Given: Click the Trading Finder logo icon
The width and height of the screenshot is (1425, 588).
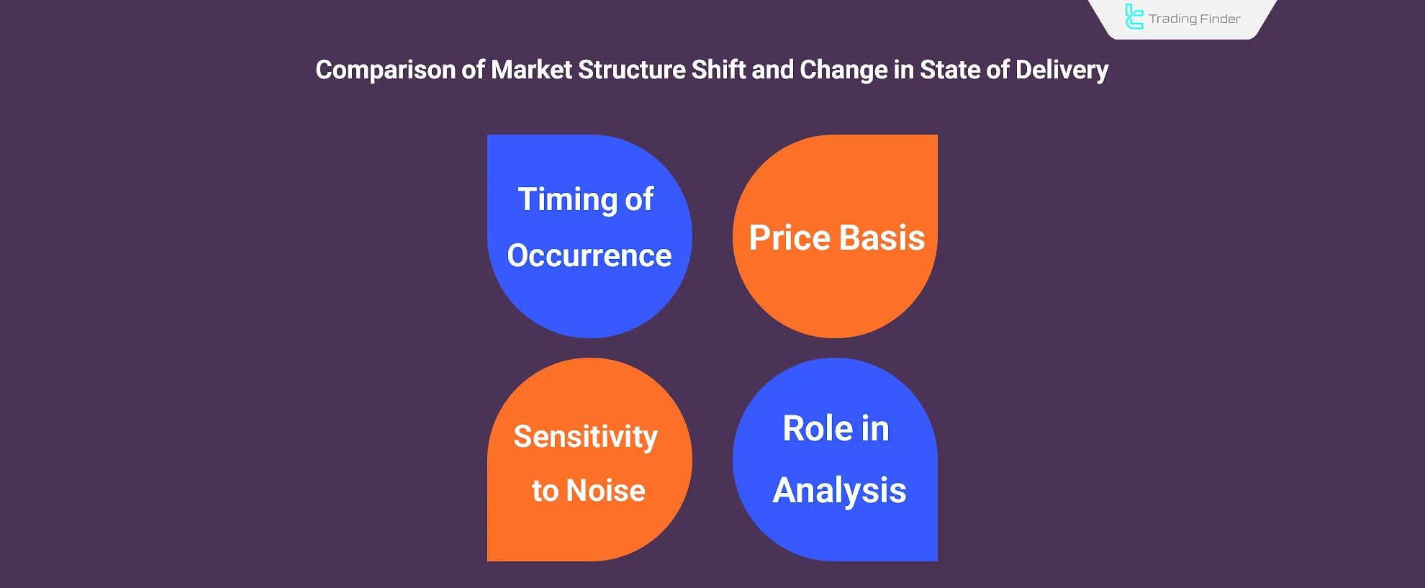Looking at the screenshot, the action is (1134, 17).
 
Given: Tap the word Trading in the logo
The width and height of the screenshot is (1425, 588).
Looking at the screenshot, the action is (1172, 19).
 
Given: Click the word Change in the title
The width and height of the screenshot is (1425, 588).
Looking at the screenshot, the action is (843, 71).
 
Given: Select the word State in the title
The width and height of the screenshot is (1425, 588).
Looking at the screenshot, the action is (949, 70).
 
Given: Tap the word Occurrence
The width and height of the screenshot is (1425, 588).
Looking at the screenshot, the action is (589, 255).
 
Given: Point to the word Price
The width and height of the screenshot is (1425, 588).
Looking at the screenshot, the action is (790, 238).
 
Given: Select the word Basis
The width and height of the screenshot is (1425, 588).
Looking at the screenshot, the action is (882, 238).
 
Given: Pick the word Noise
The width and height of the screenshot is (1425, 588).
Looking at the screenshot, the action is (606, 491).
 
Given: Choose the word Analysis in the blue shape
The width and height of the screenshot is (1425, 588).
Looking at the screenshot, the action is (839, 492).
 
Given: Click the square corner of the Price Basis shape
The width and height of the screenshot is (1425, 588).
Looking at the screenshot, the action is (937, 135).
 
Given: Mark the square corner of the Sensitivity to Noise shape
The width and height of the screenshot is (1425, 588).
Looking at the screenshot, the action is (488, 560).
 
